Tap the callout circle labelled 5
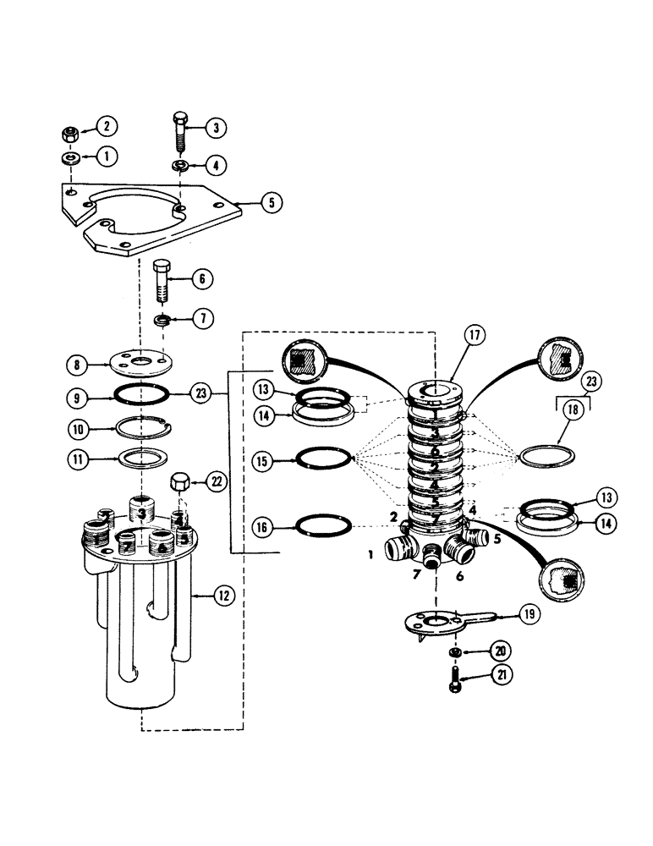pyautogui.click(x=272, y=203)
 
